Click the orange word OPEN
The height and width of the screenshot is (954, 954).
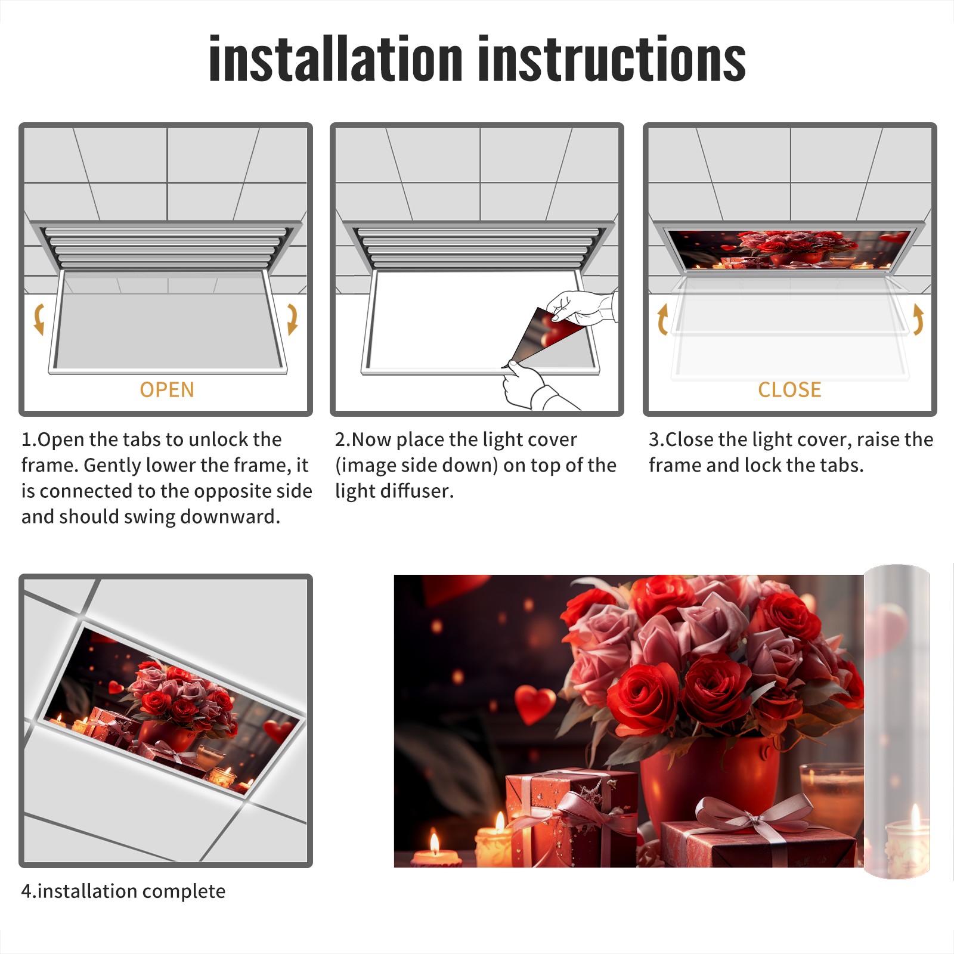point(167,390)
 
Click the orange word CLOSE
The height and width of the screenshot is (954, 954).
point(789,390)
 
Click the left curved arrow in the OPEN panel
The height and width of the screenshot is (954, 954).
point(39,319)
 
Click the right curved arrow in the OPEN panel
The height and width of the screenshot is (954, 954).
point(292,319)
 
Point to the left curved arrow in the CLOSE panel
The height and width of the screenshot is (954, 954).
point(662,319)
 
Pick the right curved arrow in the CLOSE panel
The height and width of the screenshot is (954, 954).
point(918,319)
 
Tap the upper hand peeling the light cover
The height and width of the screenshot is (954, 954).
point(581,307)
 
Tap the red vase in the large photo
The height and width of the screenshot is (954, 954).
point(710,781)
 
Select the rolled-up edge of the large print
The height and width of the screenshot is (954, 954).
point(897,721)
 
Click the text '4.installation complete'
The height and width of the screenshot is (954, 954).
point(123,891)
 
